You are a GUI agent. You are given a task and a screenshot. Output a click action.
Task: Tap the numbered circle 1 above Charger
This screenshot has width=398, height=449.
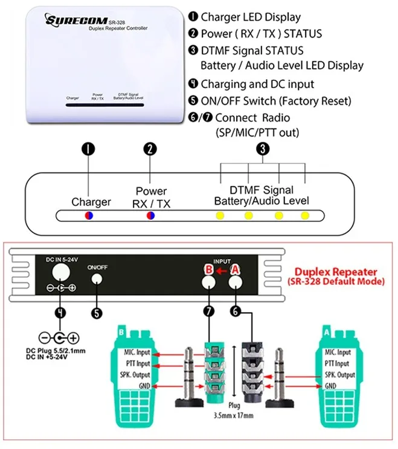(89, 149)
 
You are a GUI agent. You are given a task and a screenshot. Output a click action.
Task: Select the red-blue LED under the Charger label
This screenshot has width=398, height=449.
(89, 215)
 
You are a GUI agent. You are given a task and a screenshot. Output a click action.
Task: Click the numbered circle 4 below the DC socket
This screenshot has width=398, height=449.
(59, 313)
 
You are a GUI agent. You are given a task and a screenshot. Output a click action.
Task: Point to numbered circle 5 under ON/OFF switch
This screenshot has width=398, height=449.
(97, 313)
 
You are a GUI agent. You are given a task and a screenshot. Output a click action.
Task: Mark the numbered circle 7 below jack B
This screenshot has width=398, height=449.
(208, 313)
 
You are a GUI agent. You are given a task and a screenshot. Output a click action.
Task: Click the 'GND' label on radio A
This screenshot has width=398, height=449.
(330, 386)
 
